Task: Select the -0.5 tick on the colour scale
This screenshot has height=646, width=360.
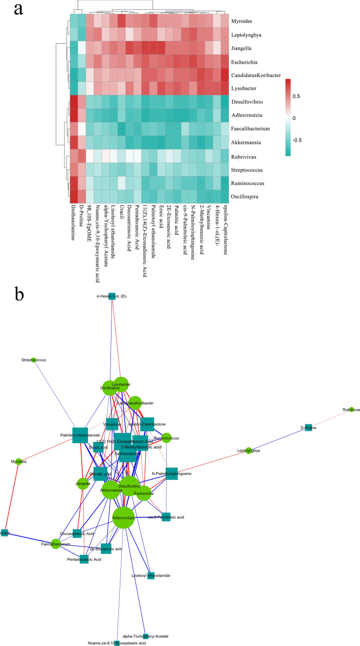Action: [313, 140]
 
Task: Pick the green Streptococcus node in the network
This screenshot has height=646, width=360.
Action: [34, 360]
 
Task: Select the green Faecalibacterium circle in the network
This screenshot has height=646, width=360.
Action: [56, 544]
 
